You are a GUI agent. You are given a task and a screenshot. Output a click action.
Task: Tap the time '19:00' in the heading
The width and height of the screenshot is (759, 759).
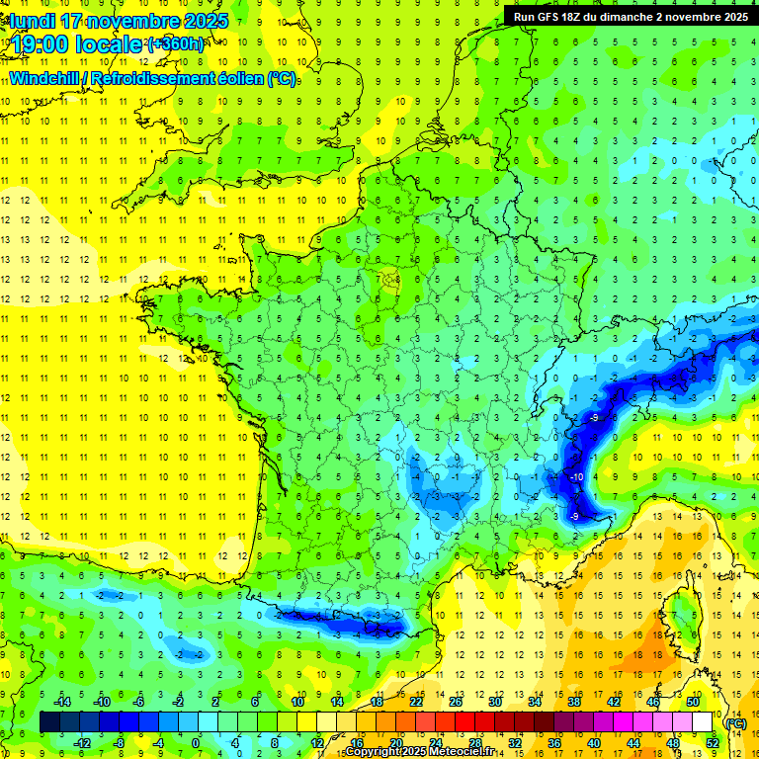pos(45,43)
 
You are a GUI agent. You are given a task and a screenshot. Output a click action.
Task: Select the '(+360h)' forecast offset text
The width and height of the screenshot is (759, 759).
pos(177,43)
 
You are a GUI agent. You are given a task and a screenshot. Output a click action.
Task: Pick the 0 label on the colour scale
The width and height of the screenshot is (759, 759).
pos(196,743)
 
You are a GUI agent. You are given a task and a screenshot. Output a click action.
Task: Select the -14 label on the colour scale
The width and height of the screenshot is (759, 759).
pos(64,702)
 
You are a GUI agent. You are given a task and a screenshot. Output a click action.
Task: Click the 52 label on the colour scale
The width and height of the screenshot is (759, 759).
pos(712,743)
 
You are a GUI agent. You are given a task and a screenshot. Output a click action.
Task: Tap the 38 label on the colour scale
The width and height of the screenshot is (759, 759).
pos(573,702)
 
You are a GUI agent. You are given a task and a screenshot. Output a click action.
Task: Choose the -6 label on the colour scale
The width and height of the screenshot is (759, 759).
pos(139,702)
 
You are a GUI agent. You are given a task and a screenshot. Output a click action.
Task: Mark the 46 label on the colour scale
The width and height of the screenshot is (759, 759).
pos(653,702)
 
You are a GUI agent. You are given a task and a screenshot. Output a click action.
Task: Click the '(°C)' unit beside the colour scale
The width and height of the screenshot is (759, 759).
pos(735,722)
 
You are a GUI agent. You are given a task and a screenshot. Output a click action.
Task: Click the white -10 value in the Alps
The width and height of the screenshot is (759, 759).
pos(576,477)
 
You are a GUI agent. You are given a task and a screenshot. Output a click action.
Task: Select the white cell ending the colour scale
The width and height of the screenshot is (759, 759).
pos(703,722)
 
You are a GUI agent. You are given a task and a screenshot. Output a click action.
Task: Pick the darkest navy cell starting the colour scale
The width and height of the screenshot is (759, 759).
pos(48,722)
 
